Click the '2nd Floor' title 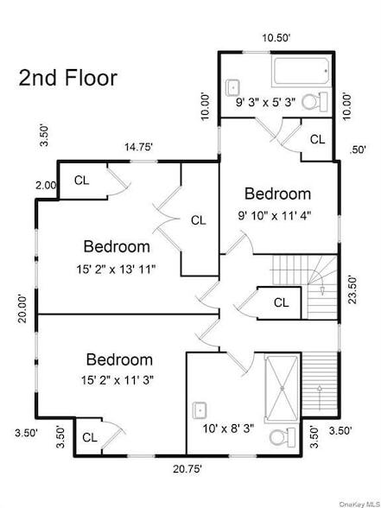(67, 77)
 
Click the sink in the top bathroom (232, 87)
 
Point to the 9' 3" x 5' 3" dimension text (266, 102)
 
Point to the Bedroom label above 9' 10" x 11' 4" (277, 194)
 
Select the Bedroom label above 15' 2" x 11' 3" (119, 359)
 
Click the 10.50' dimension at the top (276, 38)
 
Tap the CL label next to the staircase (281, 302)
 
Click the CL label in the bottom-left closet (90, 437)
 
